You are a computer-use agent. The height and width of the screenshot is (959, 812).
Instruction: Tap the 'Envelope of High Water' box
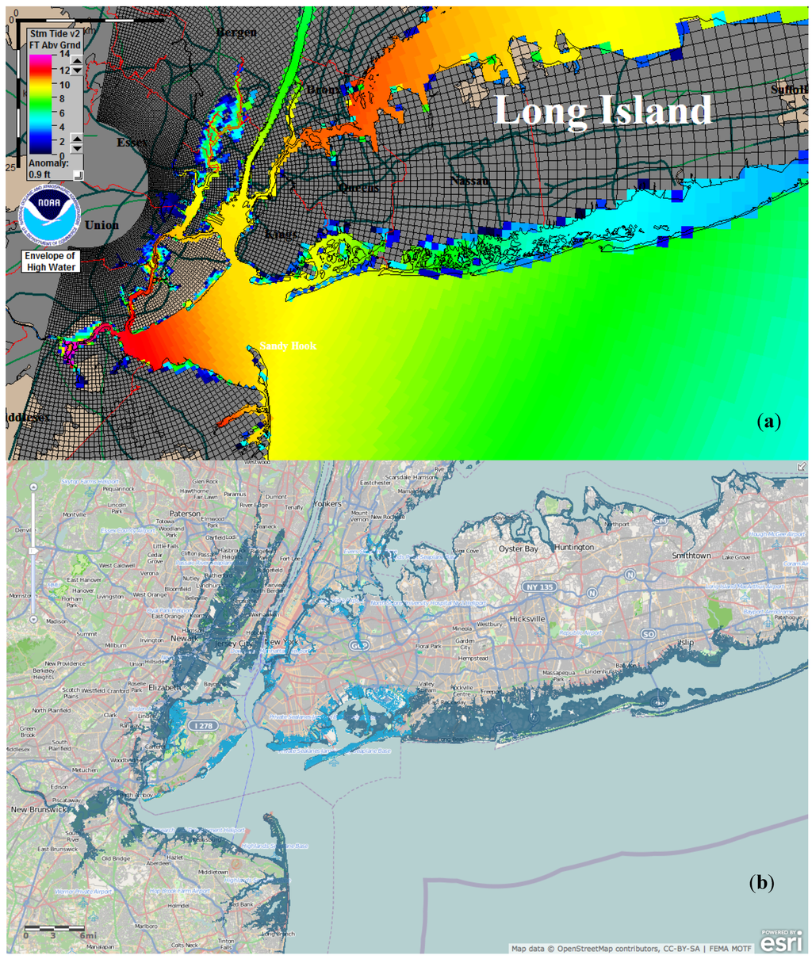(50, 262)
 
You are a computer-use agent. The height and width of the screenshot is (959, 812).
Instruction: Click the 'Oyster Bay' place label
(518, 548)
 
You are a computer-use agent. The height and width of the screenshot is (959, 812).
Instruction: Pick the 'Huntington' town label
(574, 548)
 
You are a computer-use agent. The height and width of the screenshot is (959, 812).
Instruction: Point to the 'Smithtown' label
(691, 556)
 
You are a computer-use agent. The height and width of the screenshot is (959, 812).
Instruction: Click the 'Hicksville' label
(530, 617)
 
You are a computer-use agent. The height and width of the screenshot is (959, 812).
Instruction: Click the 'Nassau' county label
(469, 181)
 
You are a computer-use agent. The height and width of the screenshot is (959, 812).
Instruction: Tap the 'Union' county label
(102, 225)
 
